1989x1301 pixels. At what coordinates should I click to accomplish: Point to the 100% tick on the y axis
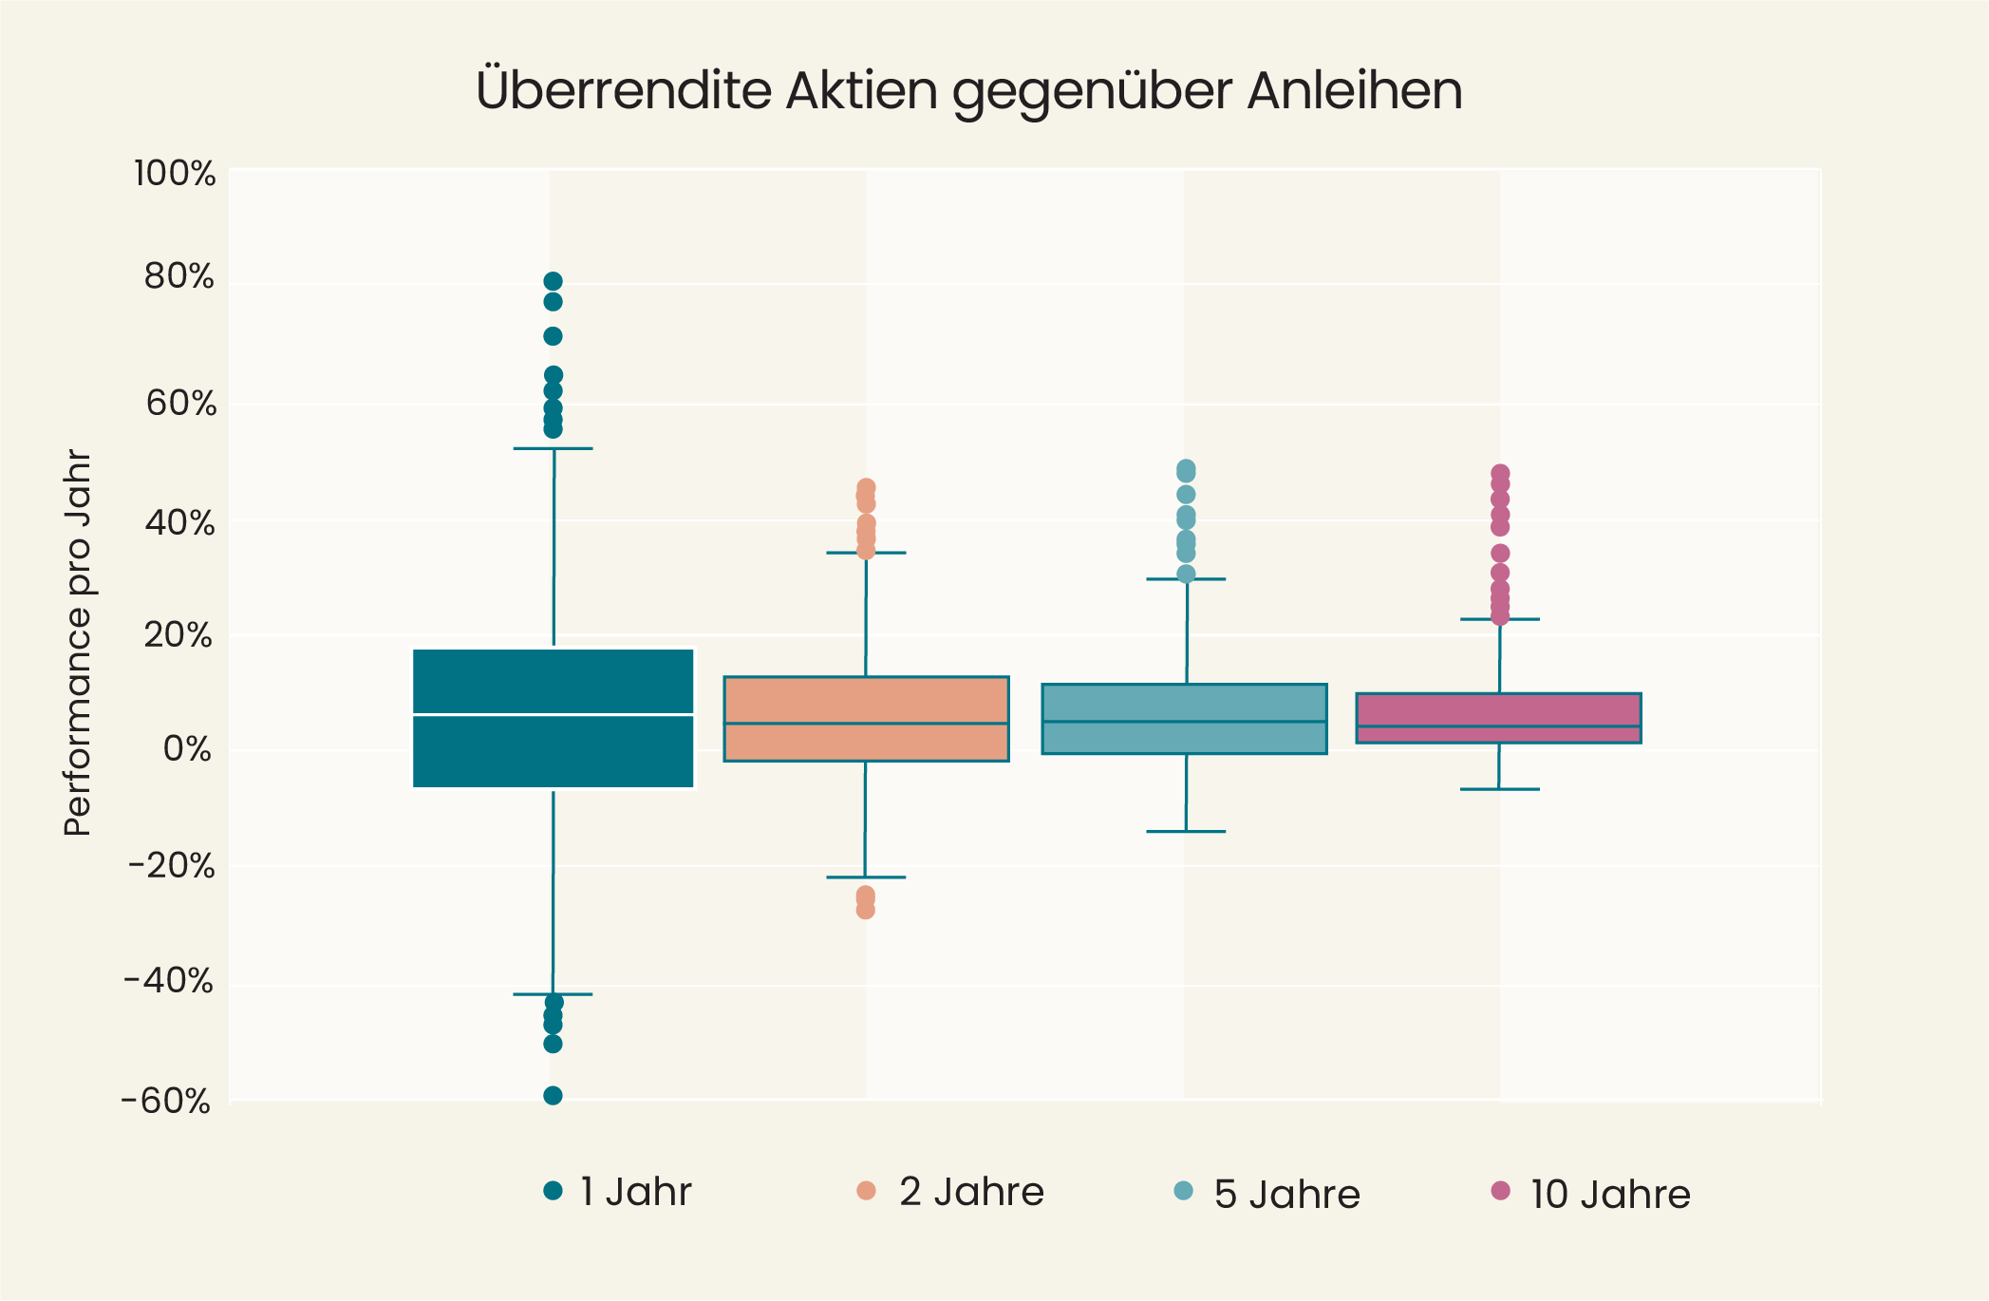tap(176, 175)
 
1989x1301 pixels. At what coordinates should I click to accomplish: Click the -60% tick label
tap(166, 1102)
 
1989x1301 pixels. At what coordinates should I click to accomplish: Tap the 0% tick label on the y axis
tap(187, 749)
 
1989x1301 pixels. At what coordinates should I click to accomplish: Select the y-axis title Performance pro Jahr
tap(78, 644)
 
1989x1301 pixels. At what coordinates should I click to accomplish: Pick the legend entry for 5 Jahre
tap(1268, 1194)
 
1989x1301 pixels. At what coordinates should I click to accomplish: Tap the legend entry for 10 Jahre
tap(1591, 1194)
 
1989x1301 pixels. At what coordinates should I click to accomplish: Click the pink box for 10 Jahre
tap(1498, 710)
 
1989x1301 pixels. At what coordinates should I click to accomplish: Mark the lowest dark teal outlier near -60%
tap(553, 1095)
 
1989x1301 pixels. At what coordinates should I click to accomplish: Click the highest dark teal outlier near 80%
tap(553, 281)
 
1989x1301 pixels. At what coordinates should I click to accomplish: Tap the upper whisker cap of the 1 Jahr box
tap(553, 448)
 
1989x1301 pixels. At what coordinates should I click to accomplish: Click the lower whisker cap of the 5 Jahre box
tap(1186, 832)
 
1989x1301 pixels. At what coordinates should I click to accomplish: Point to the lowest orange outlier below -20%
tap(865, 911)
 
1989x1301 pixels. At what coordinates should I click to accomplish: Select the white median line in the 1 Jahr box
tap(554, 713)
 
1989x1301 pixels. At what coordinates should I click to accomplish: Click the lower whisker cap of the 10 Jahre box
tap(1499, 789)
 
